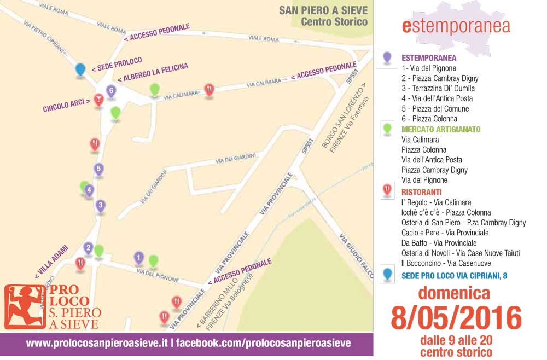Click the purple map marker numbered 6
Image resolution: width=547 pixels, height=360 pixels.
click(x=111, y=91)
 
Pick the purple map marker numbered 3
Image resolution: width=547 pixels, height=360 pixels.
click(x=100, y=206)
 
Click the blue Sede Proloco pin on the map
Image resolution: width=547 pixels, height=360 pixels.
click(x=80, y=69)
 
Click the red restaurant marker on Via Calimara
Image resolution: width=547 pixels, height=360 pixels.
click(x=209, y=89)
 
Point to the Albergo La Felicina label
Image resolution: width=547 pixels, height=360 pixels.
click(x=153, y=72)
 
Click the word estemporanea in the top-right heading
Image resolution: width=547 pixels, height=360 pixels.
click(x=456, y=26)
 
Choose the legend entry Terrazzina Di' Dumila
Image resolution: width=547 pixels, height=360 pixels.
click(x=438, y=88)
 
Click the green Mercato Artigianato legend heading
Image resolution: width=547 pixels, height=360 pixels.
click(x=441, y=129)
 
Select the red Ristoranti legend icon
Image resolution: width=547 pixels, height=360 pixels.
click(x=387, y=190)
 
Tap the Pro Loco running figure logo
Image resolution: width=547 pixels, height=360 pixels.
click(x=18, y=307)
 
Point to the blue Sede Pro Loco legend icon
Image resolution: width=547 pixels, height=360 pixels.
click(x=387, y=274)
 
